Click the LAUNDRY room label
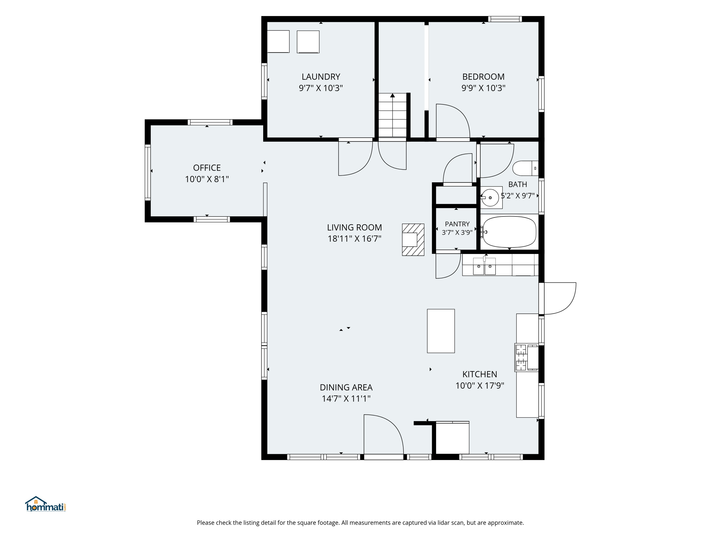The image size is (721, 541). [x=321, y=77]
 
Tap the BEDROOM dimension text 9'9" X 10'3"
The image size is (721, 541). [x=483, y=88]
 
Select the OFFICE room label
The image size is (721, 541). [x=207, y=168]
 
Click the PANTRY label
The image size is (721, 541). [x=457, y=224]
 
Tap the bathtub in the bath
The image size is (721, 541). [x=509, y=232]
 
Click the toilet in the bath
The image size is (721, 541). [x=525, y=168]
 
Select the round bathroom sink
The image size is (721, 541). [x=490, y=198]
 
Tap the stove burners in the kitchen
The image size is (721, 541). [x=521, y=357]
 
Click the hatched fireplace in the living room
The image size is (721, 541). [x=413, y=240]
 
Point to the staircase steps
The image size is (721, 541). [x=392, y=115]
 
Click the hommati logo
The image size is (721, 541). [x=46, y=505]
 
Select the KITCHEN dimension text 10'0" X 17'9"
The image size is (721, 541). [x=479, y=386]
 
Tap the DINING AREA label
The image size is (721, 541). [x=346, y=387]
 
